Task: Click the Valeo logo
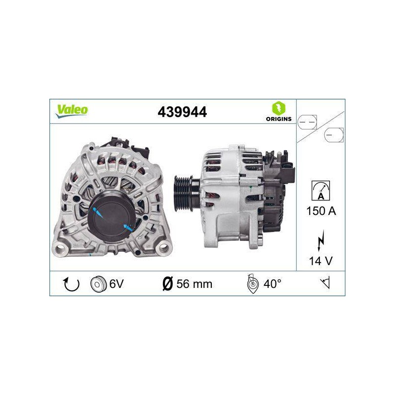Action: click(72, 111)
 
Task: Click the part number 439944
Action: click(182, 112)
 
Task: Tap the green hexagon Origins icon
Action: click(278, 108)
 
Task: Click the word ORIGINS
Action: click(278, 119)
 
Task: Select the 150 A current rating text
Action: click(321, 211)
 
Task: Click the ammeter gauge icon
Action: click(320, 191)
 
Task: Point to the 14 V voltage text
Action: click(320, 261)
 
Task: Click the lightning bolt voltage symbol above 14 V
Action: click(320, 240)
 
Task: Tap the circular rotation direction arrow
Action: click(71, 284)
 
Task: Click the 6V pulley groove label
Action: click(117, 284)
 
